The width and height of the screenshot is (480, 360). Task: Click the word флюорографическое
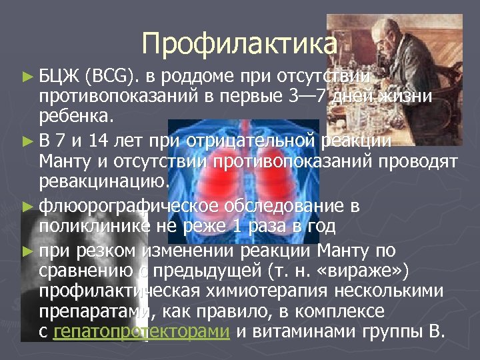click(x=119, y=206)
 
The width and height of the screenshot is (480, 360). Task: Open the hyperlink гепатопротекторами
click(x=141, y=333)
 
